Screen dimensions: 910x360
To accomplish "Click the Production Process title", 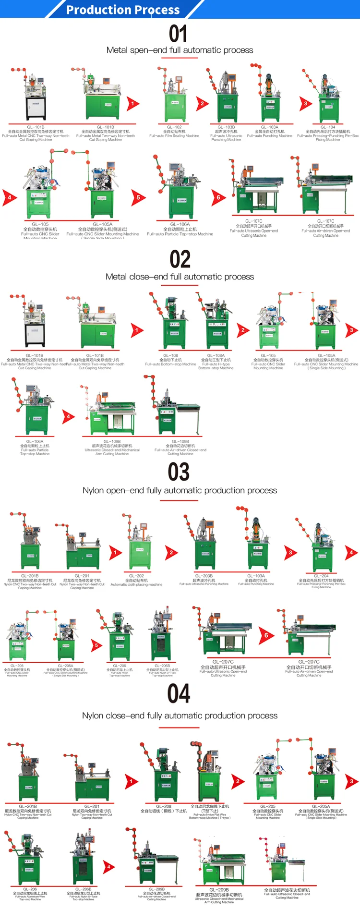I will click(x=123, y=10).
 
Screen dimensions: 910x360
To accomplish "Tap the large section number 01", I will click(x=178, y=34).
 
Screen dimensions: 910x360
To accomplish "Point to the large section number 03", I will click(x=179, y=472).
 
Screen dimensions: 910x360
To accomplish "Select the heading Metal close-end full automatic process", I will click(x=180, y=277).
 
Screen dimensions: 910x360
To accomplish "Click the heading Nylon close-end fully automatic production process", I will click(x=180, y=716).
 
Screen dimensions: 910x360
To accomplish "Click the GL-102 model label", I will click(x=174, y=127).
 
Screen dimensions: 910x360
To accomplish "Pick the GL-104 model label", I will click(x=328, y=127).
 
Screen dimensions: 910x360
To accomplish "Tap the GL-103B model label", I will click(x=226, y=127).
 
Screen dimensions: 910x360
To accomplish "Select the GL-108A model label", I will click(x=216, y=356).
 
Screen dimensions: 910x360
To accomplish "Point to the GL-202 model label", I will click(x=136, y=576).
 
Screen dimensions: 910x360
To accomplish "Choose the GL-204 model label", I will click(x=321, y=576).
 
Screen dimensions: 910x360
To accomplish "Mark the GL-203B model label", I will click(x=204, y=576).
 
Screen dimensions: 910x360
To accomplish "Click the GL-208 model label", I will click(x=164, y=806).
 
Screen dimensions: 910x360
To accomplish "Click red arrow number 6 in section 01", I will click(x=218, y=197).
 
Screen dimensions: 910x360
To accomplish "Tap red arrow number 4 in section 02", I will click(x=68, y=417).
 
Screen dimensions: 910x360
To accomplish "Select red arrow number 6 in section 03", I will click(x=266, y=636).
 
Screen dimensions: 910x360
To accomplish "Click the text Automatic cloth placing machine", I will click(x=136, y=585).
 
